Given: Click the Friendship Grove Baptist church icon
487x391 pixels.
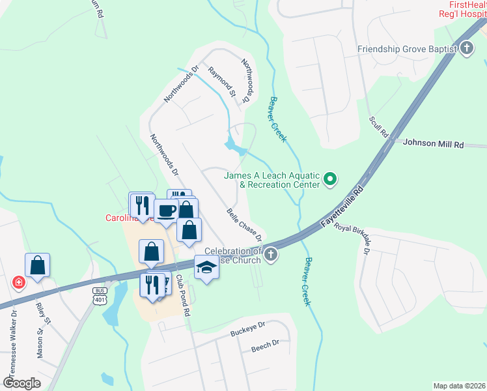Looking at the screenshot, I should click(467, 49).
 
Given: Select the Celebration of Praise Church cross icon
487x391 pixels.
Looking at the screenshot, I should click(271, 255).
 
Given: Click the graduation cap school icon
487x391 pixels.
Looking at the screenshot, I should click(206, 267).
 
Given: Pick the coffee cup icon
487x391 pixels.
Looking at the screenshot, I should click(165, 210).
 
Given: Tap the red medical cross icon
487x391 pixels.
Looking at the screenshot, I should click(19, 283).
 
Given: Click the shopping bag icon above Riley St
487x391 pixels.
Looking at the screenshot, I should click(38, 265).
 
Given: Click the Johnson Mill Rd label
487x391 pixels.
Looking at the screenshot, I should click(433, 143).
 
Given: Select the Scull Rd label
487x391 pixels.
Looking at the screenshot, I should click(378, 127).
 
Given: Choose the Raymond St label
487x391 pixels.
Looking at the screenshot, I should click(221, 82).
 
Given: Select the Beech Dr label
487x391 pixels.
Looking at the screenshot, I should click(265, 345).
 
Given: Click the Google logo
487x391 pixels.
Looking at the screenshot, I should click(21, 383).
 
